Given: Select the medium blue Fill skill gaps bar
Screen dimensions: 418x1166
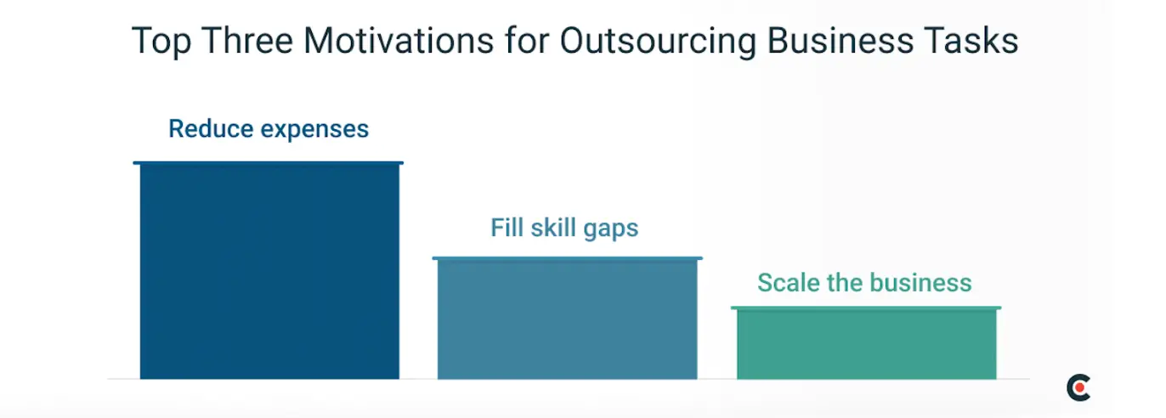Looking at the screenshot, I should pyautogui.click(x=567, y=318).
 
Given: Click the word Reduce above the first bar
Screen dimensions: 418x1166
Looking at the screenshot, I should pyautogui.click(x=210, y=129).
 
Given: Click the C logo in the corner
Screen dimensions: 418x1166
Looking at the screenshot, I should pyautogui.click(x=1078, y=387).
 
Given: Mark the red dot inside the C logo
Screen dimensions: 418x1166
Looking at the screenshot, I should pyautogui.click(x=1081, y=387).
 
